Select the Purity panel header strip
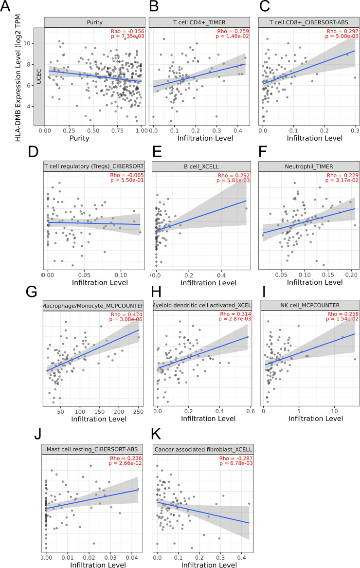click(94, 22)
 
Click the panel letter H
click(156, 292)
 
